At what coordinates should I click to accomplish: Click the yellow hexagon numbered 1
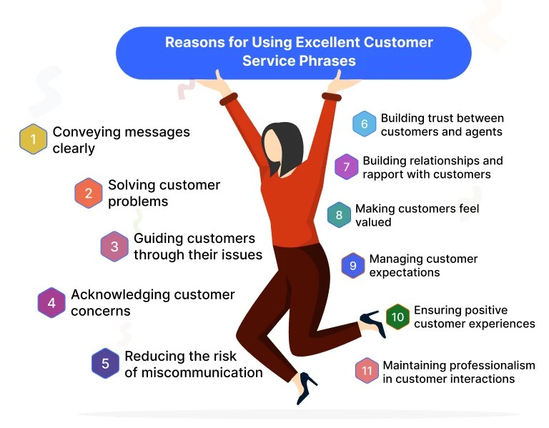pyautogui.click(x=32, y=139)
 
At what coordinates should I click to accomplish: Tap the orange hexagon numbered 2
pyautogui.click(x=89, y=193)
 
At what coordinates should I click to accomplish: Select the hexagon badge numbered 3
pyautogui.click(x=114, y=247)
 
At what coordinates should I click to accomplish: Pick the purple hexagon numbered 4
pyautogui.click(x=51, y=303)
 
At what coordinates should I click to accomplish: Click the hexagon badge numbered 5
pyautogui.click(x=106, y=364)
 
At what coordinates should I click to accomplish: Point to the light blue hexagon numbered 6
pyautogui.click(x=364, y=124)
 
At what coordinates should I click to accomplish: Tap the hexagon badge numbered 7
pyautogui.click(x=347, y=167)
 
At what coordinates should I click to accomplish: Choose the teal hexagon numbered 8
pyautogui.click(x=339, y=216)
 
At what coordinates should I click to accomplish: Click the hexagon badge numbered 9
pyautogui.click(x=353, y=265)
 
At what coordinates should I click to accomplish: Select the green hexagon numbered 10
pyautogui.click(x=397, y=317)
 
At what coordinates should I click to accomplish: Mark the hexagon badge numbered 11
pyautogui.click(x=367, y=371)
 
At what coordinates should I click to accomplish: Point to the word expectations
pyautogui.click(x=405, y=272)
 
